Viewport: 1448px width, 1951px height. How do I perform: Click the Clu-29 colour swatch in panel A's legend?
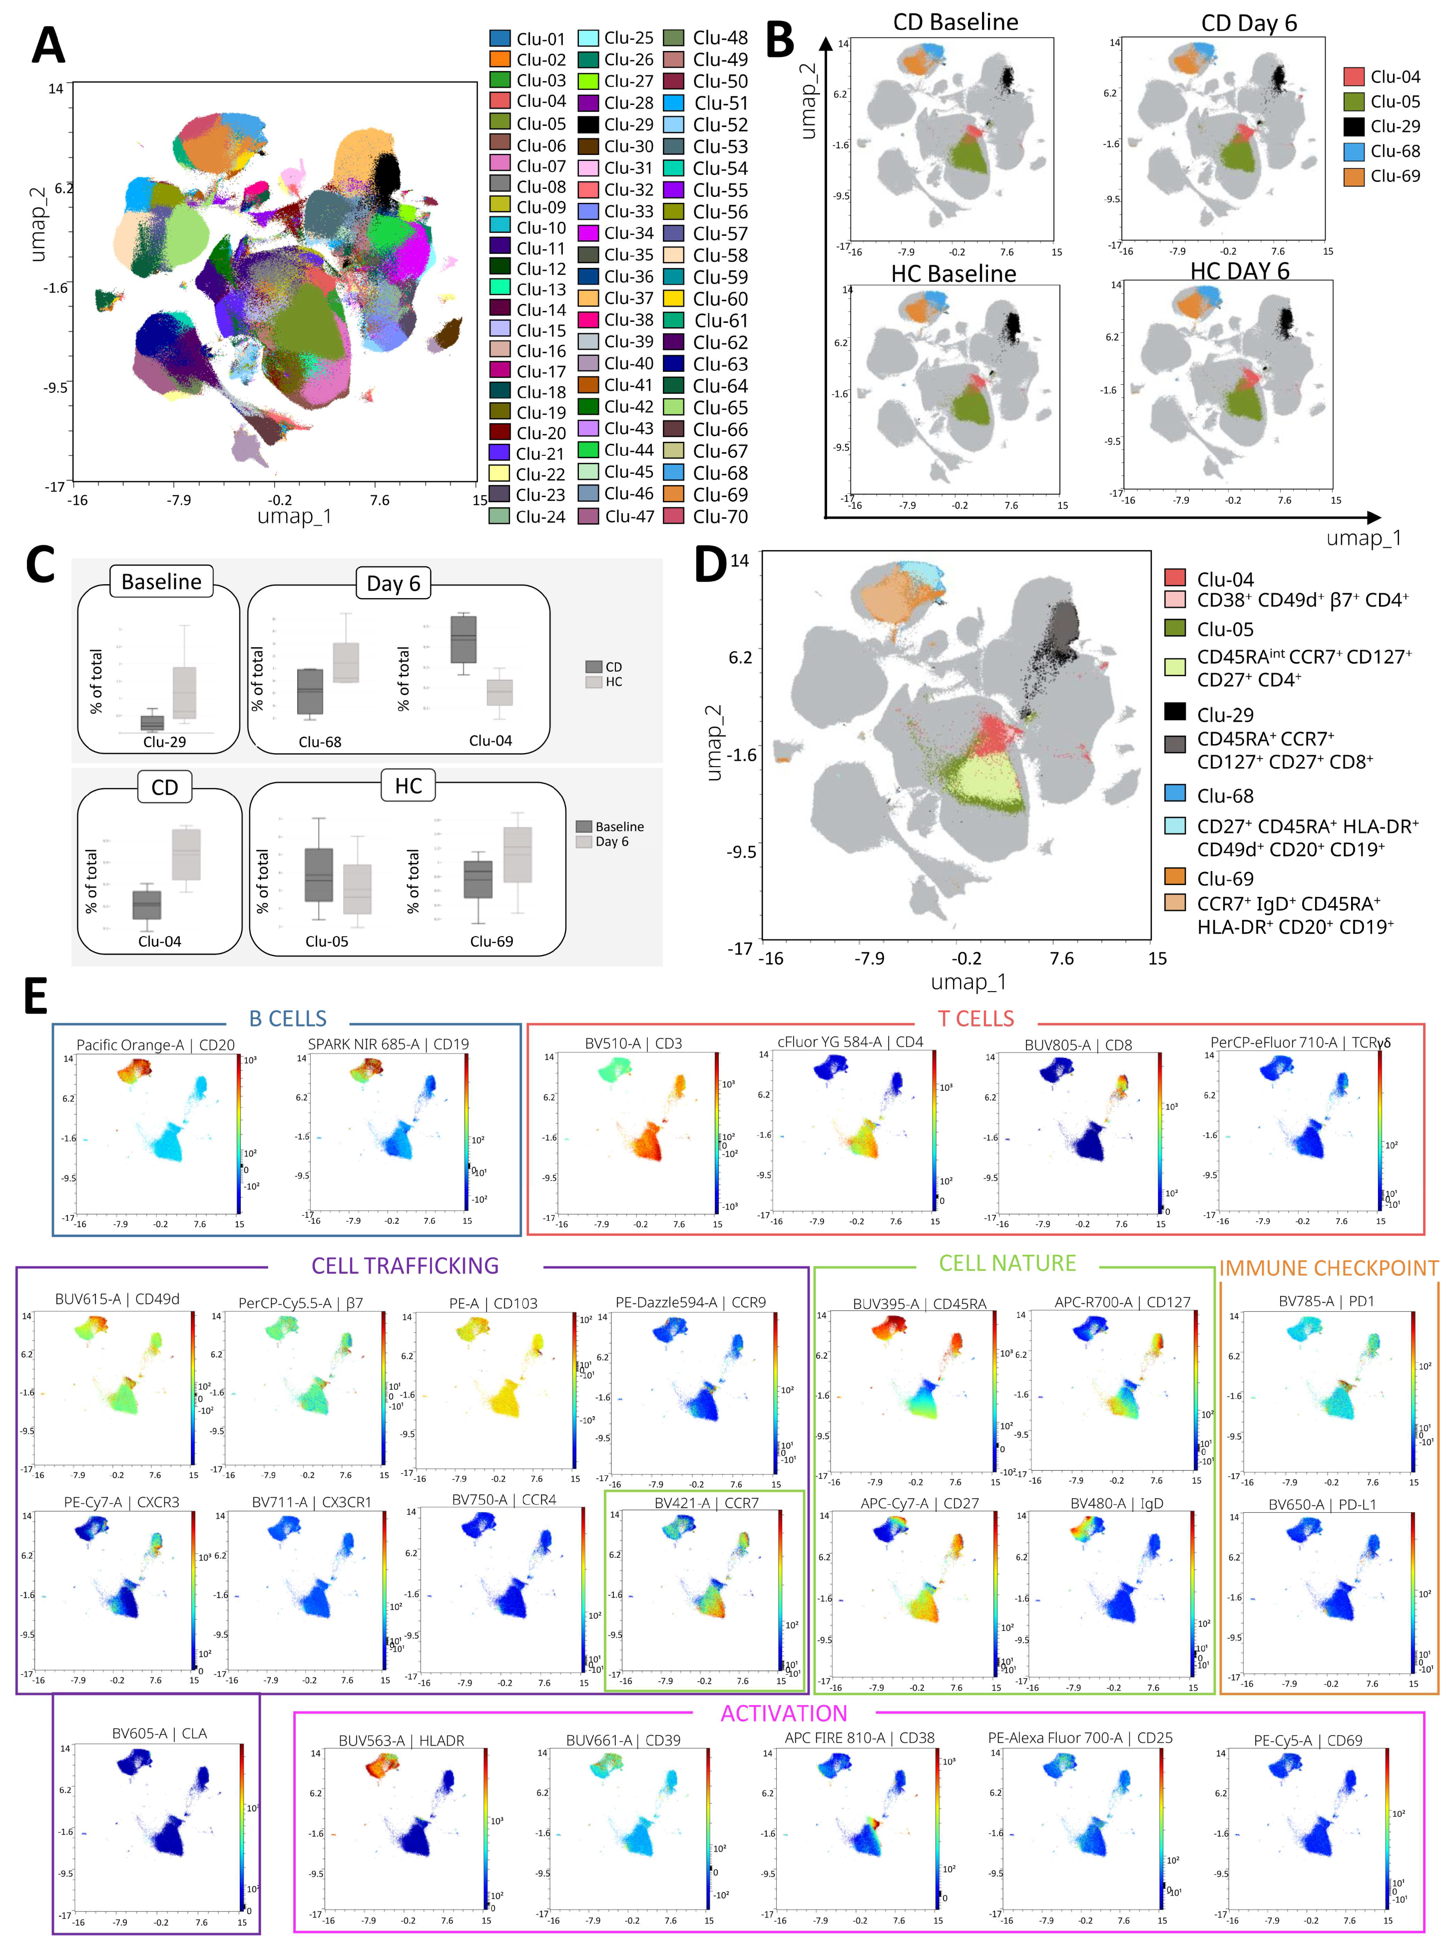point(588,124)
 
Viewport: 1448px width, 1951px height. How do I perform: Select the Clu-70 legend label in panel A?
point(720,516)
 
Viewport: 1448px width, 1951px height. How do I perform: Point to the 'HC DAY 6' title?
point(1239,271)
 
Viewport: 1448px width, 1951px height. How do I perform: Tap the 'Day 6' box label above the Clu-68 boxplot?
point(393,583)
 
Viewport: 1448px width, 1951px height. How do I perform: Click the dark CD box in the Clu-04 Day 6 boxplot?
point(464,639)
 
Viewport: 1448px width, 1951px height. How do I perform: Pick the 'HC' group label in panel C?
point(409,786)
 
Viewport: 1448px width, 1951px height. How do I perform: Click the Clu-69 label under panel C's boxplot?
point(491,941)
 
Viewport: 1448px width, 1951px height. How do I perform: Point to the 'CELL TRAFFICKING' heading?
point(405,1265)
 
